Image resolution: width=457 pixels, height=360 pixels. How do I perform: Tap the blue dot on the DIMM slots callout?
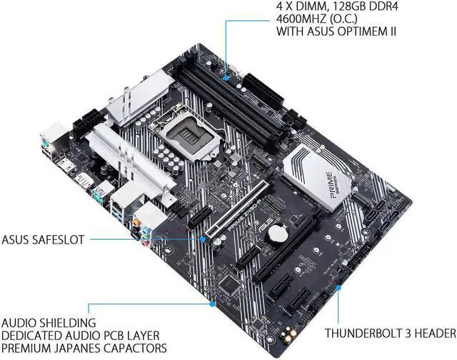(226, 71)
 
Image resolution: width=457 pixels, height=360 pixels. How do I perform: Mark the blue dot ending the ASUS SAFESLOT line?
(203, 239)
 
